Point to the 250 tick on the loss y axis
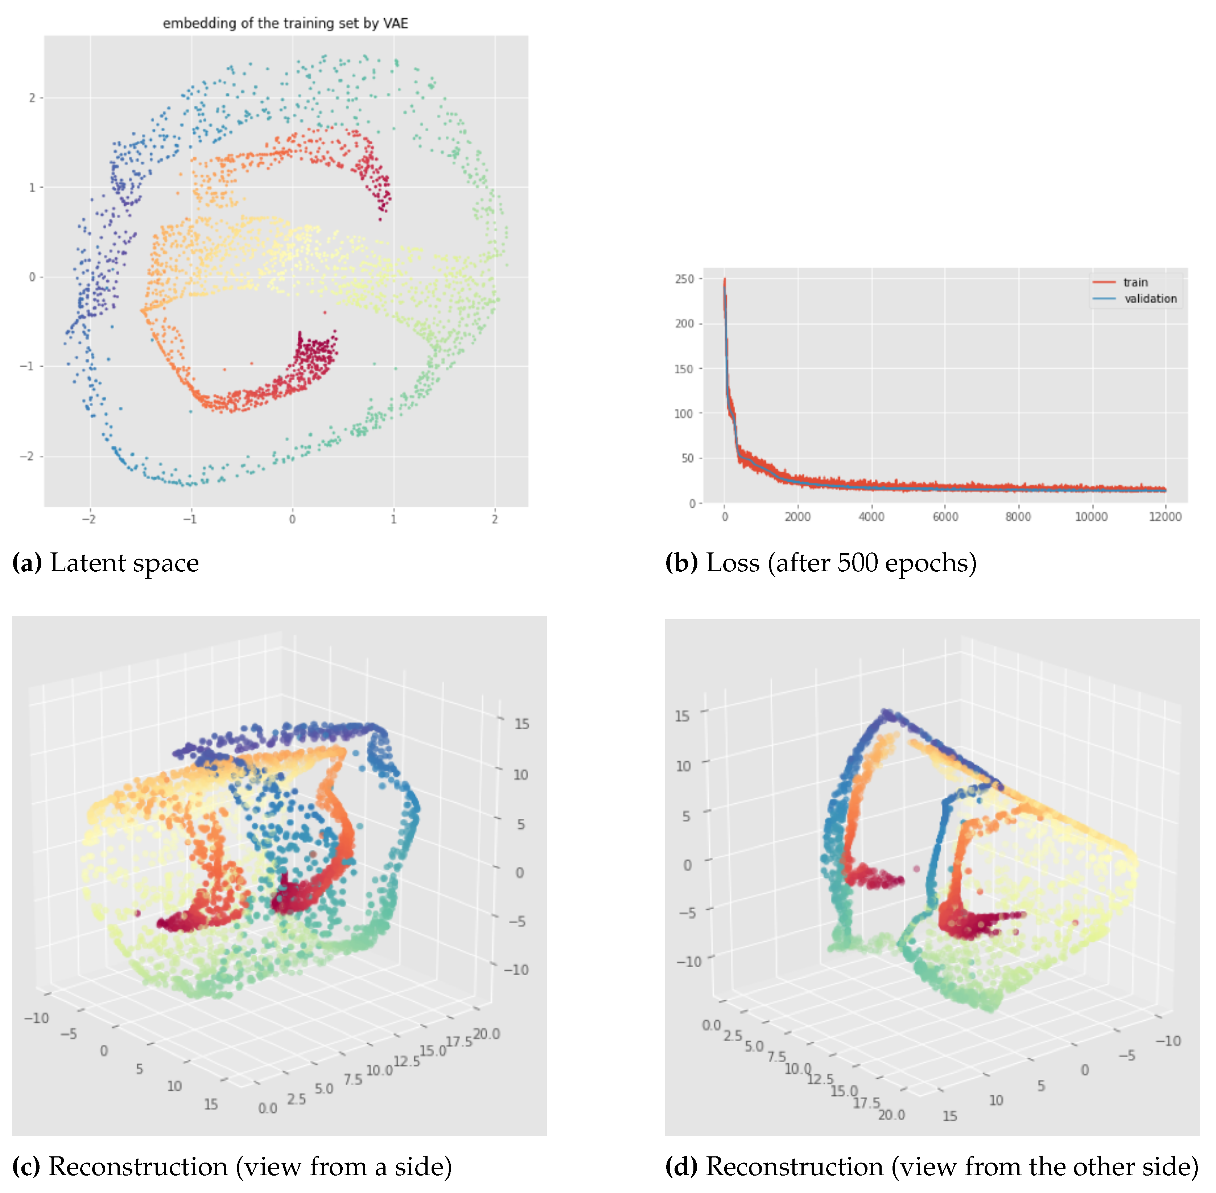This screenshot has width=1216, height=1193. click(x=684, y=279)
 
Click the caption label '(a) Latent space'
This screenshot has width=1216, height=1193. click(x=105, y=563)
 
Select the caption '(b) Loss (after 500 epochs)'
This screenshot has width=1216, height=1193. click(x=820, y=563)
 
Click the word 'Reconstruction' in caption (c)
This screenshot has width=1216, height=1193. click(x=138, y=1167)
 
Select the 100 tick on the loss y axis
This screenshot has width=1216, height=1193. click(x=684, y=414)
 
